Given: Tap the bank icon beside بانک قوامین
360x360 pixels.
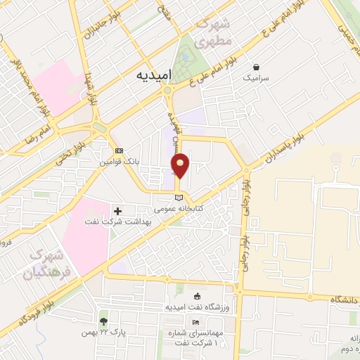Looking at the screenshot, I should [x=118, y=150].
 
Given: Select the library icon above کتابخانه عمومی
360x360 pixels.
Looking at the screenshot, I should [x=179, y=197].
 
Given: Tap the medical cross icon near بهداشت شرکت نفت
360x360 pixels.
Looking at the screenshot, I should [x=117, y=210].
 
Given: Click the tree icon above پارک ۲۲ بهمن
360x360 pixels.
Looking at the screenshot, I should [x=105, y=321].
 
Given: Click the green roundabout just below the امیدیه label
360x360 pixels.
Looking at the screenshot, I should [x=167, y=89].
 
